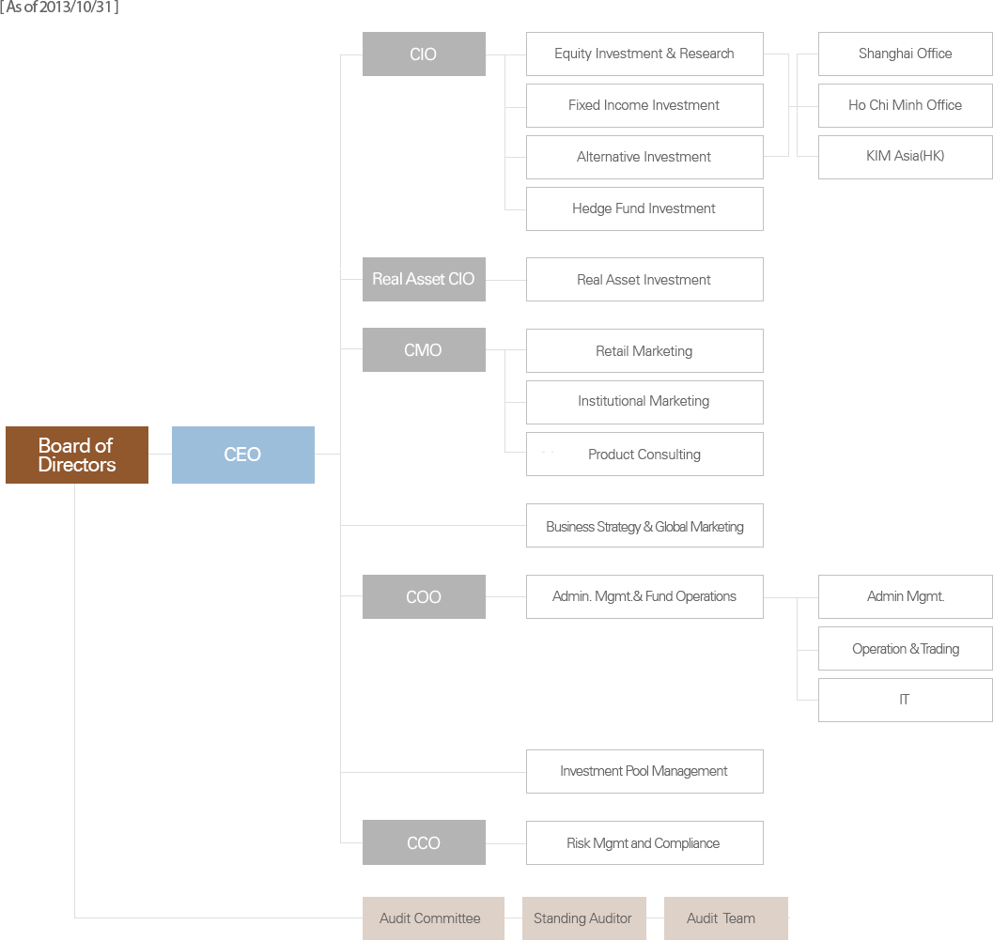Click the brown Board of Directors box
[77, 455]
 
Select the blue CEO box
[243, 455]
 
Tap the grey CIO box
[424, 54]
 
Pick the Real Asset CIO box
[424, 279]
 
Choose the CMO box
[424, 349]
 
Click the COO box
[424, 596]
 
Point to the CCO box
[424, 842]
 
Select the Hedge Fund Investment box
[644, 209]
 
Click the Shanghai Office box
[905, 54]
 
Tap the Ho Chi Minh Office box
[905, 105]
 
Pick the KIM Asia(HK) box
[905, 157]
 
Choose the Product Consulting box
[644, 454]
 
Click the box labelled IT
[905, 700]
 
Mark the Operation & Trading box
[905, 648]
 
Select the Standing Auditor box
[584, 918]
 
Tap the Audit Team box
[726, 918]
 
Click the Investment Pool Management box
[644, 771]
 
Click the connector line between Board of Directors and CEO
[161, 454]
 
